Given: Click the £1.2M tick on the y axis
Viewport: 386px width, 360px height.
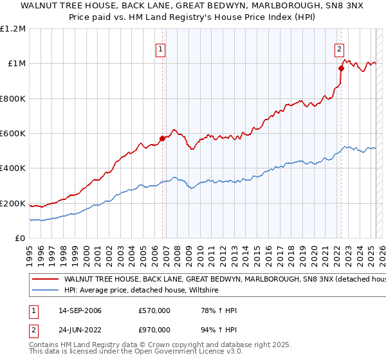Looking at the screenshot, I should click(x=14, y=29).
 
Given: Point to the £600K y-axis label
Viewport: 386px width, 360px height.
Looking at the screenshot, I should click(x=13, y=134).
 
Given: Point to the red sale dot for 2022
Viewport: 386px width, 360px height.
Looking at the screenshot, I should click(x=341, y=69).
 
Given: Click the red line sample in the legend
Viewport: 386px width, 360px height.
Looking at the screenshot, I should click(x=45, y=280).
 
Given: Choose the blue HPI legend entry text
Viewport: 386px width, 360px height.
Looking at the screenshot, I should click(x=142, y=291).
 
